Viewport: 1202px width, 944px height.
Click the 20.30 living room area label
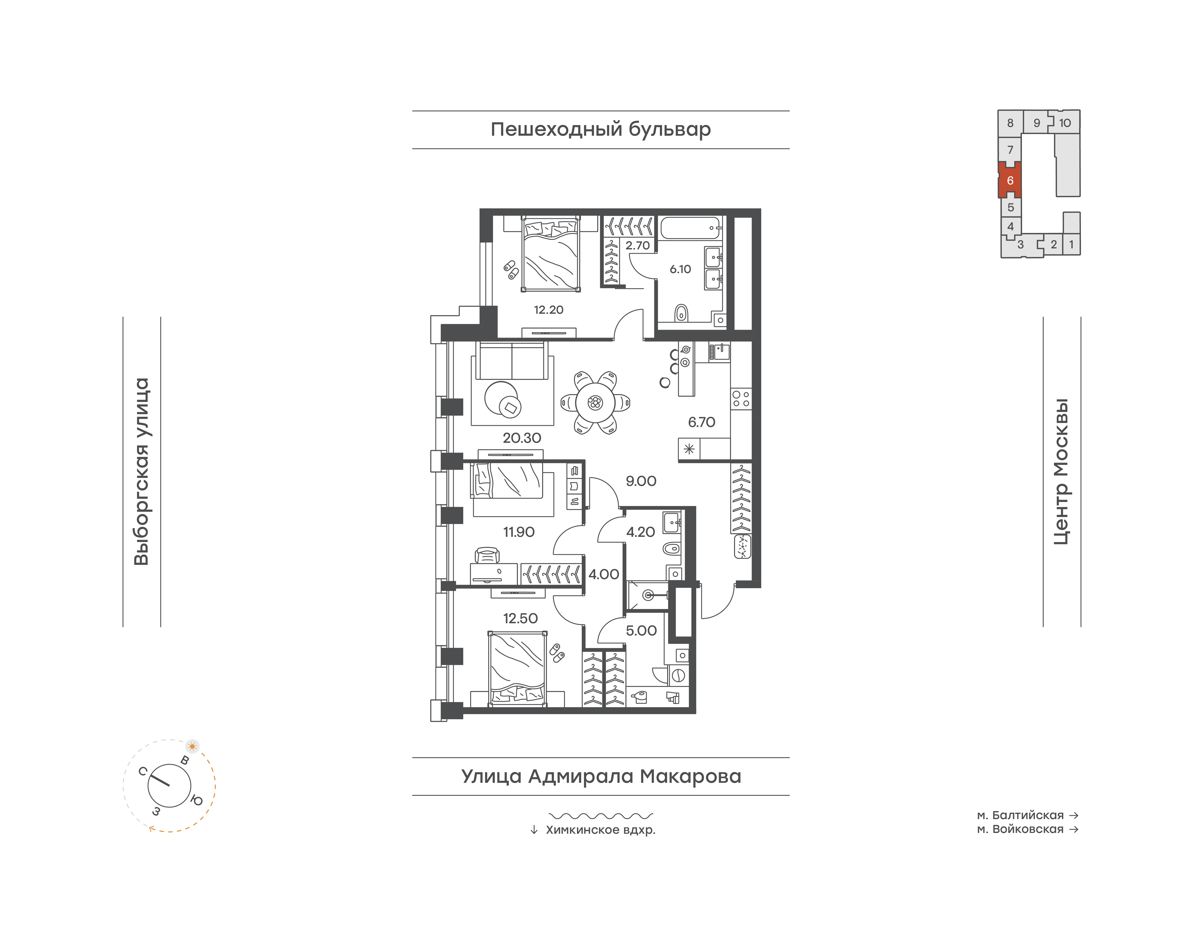[521, 438]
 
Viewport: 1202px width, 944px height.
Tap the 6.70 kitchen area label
[702, 422]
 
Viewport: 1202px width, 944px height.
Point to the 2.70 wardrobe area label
[637, 245]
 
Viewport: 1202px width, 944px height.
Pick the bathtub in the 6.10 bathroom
[691, 228]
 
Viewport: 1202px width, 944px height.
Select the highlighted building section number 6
[1010, 180]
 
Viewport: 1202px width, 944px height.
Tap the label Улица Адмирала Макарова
[601, 776]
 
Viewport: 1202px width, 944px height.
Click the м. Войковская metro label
[1020, 829]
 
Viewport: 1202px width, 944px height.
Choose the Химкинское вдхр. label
[600, 830]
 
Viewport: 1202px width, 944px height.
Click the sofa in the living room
[512, 360]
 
